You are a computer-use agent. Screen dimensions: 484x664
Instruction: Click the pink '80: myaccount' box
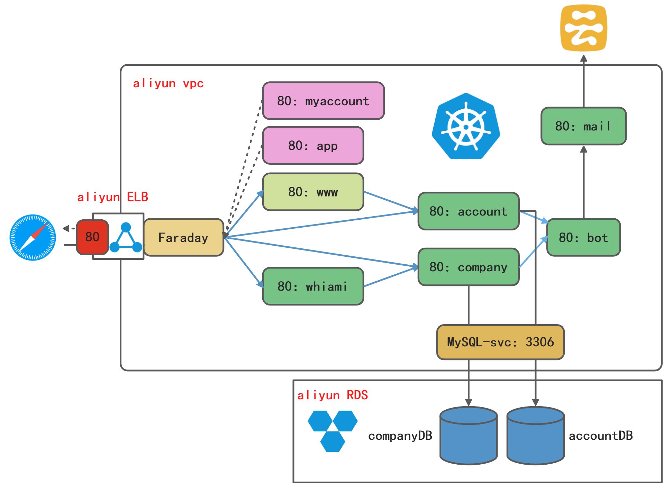point(323,101)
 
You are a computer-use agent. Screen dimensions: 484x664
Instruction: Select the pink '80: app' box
point(313,145)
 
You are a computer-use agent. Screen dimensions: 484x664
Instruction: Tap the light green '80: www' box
point(313,192)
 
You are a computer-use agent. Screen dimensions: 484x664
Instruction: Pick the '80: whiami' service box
point(313,286)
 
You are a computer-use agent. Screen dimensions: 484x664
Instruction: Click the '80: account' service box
point(468,211)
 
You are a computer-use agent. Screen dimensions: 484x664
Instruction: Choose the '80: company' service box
point(468,267)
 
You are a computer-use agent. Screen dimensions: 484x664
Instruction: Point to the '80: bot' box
point(583,237)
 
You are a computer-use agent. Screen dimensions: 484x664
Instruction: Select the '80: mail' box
point(583,126)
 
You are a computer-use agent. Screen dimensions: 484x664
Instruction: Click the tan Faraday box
point(183,237)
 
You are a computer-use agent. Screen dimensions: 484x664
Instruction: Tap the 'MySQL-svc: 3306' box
point(500,342)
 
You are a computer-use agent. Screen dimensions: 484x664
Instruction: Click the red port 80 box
point(92,237)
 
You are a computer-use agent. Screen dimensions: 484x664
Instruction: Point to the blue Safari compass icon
point(33,237)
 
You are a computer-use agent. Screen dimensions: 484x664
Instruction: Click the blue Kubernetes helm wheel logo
point(466,126)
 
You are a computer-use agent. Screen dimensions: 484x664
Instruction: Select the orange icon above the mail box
point(583,28)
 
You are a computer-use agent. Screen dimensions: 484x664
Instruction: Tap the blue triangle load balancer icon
point(126,238)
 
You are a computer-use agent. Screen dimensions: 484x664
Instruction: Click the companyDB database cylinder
point(468,436)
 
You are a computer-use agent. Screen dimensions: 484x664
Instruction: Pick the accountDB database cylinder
point(535,436)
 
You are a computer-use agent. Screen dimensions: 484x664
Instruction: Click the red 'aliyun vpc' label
point(168,83)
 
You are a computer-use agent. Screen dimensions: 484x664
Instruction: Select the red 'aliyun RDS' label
point(332,395)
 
